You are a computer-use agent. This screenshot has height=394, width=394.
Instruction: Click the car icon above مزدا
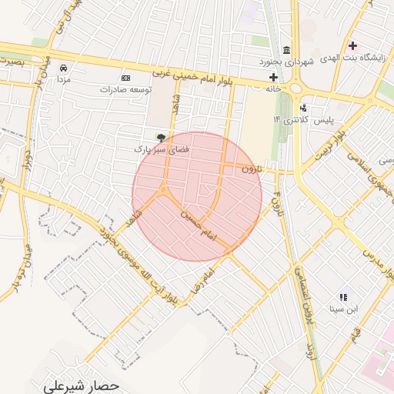[63, 68]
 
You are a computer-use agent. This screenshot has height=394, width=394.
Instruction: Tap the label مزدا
[63, 79]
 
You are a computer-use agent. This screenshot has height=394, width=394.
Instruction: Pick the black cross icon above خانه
[273, 77]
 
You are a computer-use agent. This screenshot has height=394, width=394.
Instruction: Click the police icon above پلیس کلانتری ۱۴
[304, 109]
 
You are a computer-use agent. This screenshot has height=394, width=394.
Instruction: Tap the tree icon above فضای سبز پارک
[160, 137]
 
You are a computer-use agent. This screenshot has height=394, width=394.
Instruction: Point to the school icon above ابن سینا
[342, 297]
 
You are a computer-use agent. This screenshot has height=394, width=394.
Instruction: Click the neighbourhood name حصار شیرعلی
[82, 383]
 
